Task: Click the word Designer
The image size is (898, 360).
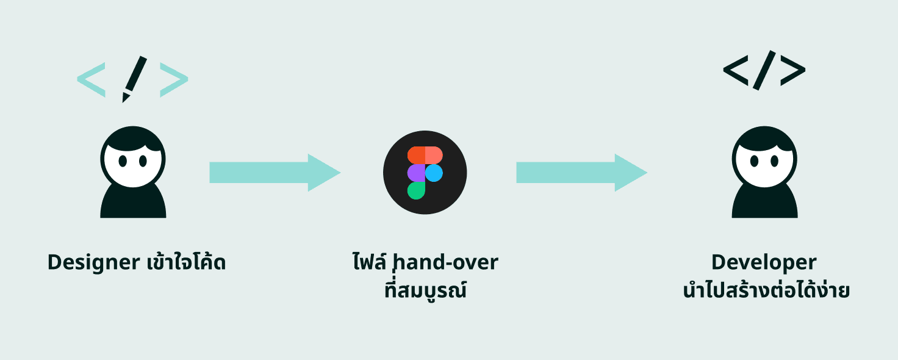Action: (x=93, y=262)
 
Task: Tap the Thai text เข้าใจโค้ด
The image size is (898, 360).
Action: (x=186, y=262)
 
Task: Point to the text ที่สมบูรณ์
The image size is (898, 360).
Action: (x=425, y=290)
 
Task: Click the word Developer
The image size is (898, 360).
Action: (x=764, y=262)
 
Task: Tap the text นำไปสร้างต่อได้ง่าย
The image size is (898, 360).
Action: (x=766, y=290)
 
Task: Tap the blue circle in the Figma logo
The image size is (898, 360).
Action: (x=434, y=173)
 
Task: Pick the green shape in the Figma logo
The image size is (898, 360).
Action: (x=416, y=190)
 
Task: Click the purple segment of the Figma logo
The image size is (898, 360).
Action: (x=416, y=173)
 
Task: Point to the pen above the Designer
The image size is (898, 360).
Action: (x=133, y=78)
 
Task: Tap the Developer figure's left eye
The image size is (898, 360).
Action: (x=755, y=162)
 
